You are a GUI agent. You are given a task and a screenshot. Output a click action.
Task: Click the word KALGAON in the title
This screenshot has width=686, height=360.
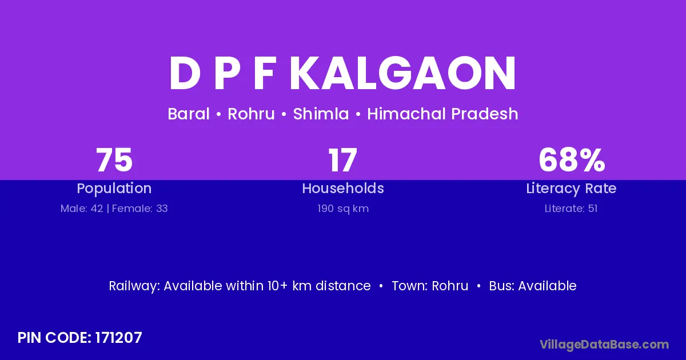click(x=402, y=73)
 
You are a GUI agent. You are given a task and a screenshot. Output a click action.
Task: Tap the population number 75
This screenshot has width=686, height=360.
click(x=114, y=160)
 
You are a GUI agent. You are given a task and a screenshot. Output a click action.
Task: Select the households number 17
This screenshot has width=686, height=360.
click(x=342, y=160)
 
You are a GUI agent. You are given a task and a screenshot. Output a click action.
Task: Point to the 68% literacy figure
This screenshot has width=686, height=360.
click(x=572, y=160)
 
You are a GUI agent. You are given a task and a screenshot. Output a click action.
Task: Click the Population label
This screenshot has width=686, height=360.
click(x=114, y=189)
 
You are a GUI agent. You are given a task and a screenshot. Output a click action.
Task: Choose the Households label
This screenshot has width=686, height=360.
click(x=343, y=188)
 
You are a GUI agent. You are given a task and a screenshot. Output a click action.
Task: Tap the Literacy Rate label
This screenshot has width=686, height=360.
click(x=571, y=189)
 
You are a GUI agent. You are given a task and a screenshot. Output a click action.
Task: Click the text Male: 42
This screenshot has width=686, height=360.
click(x=82, y=209)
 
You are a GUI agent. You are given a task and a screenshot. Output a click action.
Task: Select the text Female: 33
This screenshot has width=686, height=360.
click(x=139, y=209)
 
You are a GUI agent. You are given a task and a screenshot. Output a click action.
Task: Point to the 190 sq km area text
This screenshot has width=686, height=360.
click(x=343, y=209)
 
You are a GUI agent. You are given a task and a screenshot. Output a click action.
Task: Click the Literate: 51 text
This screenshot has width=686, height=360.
click(x=571, y=209)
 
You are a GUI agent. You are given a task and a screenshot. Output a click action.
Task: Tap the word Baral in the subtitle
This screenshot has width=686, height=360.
click(x=189, y=114)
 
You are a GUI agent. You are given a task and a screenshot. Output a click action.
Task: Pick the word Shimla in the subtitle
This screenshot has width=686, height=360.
click(x=321, y=114)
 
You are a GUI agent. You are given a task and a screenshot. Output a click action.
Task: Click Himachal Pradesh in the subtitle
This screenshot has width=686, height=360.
click(x=442, y=114)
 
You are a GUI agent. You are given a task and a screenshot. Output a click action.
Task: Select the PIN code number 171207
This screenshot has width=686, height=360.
click(x=118, y=338)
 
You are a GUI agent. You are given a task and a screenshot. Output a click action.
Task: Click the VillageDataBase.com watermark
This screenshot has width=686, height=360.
click(x=604, y=345)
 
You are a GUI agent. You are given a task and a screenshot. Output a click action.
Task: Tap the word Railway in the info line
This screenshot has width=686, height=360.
click(x=133, y=286)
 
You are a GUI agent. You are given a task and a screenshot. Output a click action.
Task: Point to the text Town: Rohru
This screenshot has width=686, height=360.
click(x=430, y=286)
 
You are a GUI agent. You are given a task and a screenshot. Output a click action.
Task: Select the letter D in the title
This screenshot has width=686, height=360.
click(x=185, y=73)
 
